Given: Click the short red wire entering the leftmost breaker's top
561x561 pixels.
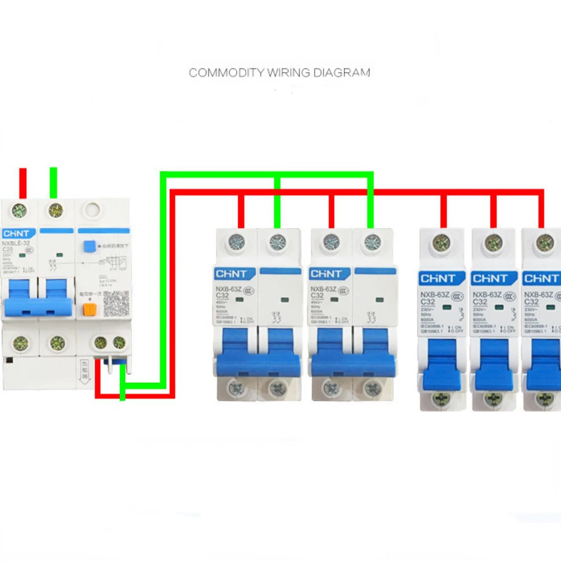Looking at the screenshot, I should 23,182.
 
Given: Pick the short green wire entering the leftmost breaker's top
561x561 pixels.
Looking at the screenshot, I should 54,182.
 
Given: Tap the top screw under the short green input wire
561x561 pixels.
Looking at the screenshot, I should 55,210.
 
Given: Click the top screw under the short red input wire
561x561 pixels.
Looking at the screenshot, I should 20,211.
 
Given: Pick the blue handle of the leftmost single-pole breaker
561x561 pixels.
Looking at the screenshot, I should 443,365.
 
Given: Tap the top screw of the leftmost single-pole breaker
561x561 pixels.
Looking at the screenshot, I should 442,242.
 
